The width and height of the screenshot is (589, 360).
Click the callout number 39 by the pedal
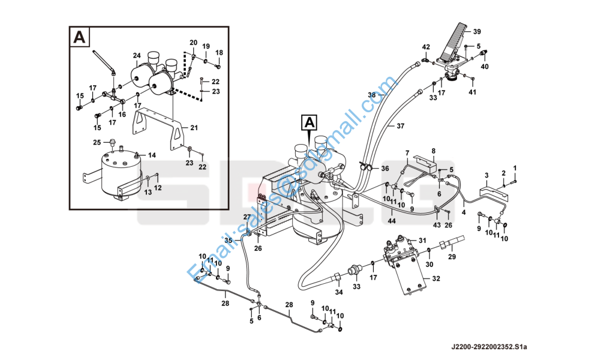[x=477, y=31]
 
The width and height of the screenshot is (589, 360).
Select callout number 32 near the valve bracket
[x=435, y=278]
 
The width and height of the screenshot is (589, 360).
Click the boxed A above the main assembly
[x=309, y=124]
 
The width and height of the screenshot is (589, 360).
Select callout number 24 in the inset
[x=137, y=56]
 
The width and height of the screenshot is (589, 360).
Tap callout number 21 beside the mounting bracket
[x=194, y=127]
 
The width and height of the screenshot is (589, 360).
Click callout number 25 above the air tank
[x=97, y=142]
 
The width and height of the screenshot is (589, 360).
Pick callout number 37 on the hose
[x=401, y=126]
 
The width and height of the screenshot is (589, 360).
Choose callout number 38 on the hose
[x=372, y=95]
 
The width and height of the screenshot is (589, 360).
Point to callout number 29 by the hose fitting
[x=452, y=257]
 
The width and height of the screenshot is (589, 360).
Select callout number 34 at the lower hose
[x=339, y=292]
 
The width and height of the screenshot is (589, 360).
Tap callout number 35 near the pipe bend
[x=229, y=241]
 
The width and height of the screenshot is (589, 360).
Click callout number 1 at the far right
[x=514, y=167]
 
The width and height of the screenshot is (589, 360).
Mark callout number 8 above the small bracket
[x=434, y=151]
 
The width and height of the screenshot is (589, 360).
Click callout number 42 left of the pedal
[x=426, y=47]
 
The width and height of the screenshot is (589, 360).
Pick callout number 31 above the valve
[x=422, y=241]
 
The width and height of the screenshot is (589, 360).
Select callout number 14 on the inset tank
[x=152, y=155]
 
